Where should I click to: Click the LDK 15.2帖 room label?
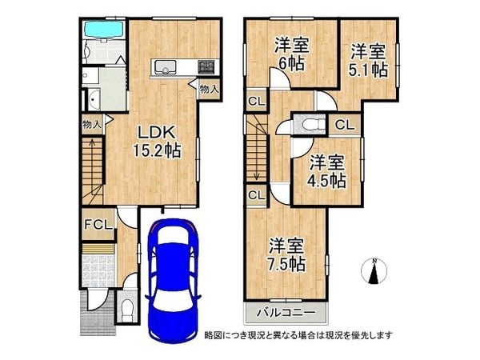tap(157, 142)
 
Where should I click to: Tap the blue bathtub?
tap(103, 30)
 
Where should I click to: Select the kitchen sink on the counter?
tap(166, 67)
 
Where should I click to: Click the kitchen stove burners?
tap(206, 66)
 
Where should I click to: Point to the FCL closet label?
tap(98, 225)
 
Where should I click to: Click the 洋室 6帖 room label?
tap(291, 54)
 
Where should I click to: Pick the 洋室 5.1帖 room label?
tap(368, 61)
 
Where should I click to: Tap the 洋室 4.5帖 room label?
tap(327, 172)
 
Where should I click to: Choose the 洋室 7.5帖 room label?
tap(286, 255)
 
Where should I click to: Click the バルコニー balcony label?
tap(286, 313)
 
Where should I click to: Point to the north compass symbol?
tap(374, 271)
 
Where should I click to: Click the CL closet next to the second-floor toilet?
tap(345, 125)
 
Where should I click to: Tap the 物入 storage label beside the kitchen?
tap(209, 90)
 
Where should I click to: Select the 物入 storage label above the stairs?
tap(91, 124)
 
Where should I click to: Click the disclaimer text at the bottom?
tap(298, 335)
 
